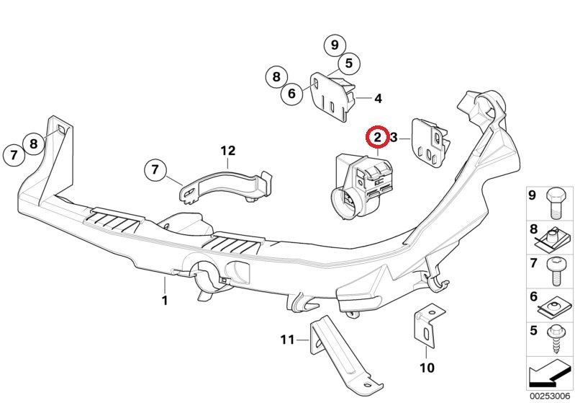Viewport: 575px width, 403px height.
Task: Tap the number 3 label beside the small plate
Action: [394, 136]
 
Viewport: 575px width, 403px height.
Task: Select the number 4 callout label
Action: [378, 99]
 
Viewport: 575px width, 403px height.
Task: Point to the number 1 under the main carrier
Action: [165, 300]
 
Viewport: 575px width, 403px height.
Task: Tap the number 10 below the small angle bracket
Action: [427, 368]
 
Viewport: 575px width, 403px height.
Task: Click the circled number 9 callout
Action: [335, 45]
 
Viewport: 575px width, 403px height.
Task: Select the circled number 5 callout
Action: [348, 63]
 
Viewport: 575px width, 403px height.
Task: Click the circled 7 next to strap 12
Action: [155, 171]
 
